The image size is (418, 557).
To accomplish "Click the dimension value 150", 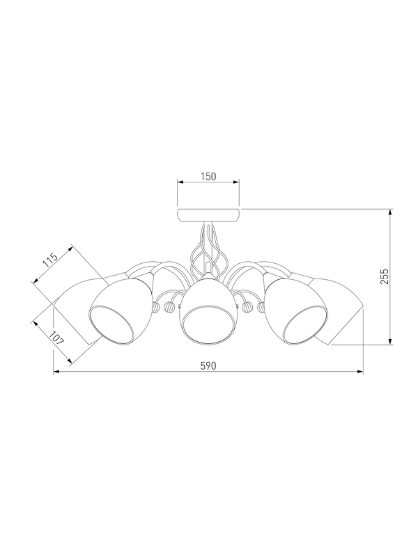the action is point(208,176).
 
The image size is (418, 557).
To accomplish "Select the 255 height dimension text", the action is point(385,276).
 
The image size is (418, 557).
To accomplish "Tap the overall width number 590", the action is point(208,366).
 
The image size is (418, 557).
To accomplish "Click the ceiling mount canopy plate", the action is point(208,215).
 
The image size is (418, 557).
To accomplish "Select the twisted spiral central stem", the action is point(204,251).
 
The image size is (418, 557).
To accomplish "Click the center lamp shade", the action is point(208,310).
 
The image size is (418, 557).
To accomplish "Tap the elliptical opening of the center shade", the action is point(208,326).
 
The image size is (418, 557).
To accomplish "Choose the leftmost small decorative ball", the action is point(156,306).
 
